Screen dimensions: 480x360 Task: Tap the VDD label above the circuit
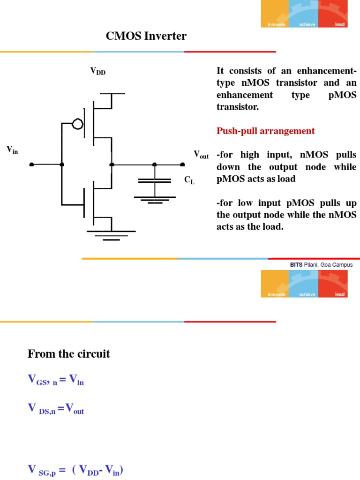pyautogui.click(x=98, y=71)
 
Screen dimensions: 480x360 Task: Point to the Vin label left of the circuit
pyautogui.click(x=12, y=150)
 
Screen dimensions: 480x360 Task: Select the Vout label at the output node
pyautogui.click(x=201, y=155)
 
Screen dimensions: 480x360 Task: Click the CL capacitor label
pyautogui.click(x=189, y=180)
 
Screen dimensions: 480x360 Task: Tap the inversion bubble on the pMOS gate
pyautogui.click(x=77, y=124)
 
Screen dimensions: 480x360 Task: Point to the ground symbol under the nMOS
pyautogui.click(x=111, y=235)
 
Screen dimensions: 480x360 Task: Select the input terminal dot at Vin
pyautogui.click(x=31, y=165)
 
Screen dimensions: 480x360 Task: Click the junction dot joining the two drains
pyautogui.click(x=112, y=165)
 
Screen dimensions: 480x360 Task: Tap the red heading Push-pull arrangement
pyautogui.click(x=265, y=131)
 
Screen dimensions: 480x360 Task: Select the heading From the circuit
pyautogui.click(x=69, y=353)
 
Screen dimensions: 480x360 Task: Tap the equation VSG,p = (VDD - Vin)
pyautogui.click(x=75, y=470)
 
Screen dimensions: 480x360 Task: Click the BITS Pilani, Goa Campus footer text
pyautogui.click(x=321, y=265)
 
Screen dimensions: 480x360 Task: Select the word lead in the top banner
pyautogui.click(x=340, y=24)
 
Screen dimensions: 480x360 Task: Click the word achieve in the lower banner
pyautogui.click(x=307, y=294)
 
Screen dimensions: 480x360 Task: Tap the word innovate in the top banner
pyautogui.click(x=276, y=24)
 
